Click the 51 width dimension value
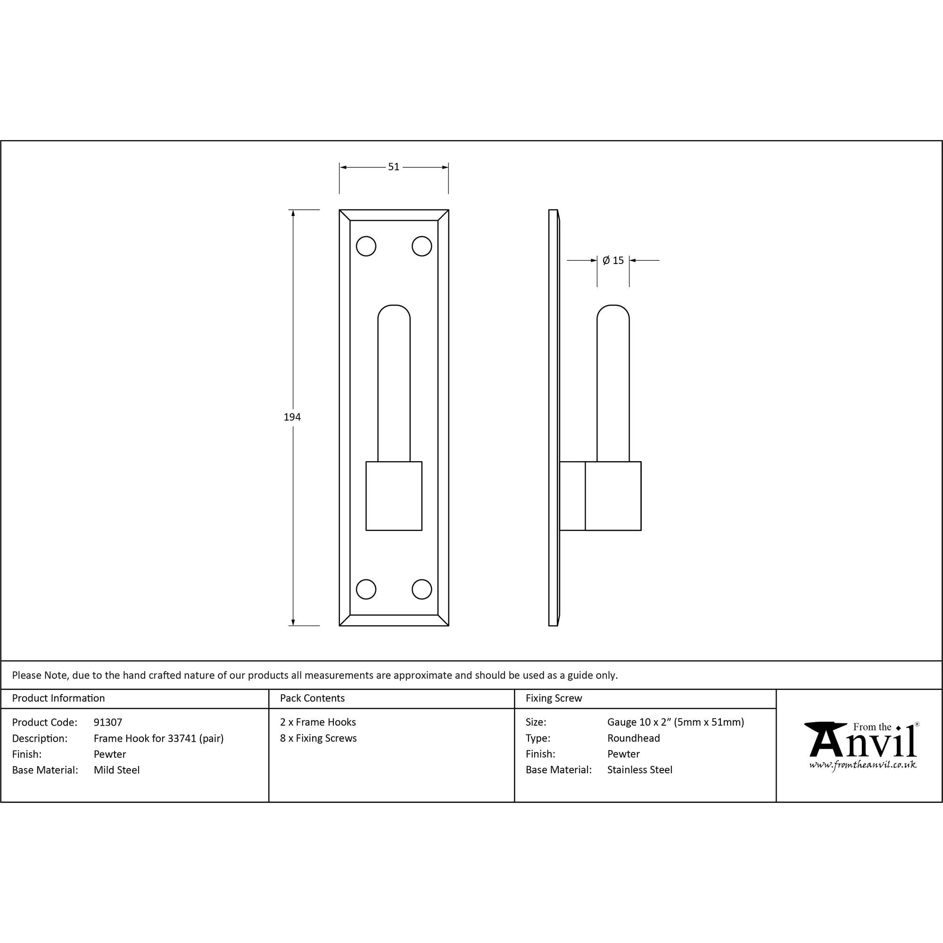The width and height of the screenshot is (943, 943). click(393, 167)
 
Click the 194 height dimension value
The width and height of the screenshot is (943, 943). click(292, 417)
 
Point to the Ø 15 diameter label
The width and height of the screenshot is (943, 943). click(613, 260)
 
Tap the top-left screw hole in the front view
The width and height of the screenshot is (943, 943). click(366, 246)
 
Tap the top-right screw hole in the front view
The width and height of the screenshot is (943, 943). click(422, 246)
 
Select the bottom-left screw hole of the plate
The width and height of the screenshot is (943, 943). click(366, 589)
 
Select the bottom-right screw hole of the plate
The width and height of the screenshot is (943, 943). click(422, 589)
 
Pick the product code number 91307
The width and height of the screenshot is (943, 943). click(108, 722)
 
